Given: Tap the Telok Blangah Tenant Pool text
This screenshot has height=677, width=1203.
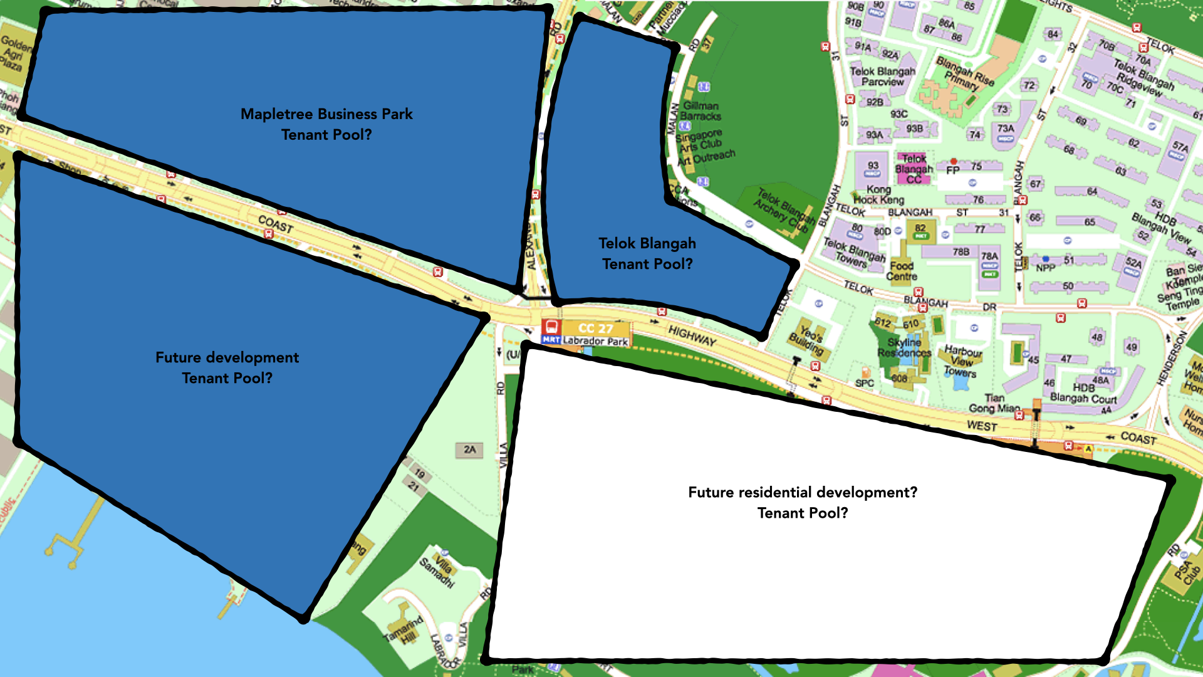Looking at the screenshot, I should [x=647, y=253].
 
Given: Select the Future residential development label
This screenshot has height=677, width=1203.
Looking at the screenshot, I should [x=802, y=502].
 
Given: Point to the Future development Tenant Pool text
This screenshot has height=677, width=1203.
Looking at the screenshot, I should [x=227, y=367].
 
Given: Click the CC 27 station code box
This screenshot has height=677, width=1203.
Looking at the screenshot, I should [x=595, y=328].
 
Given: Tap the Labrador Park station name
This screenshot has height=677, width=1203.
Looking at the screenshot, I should [x=595, y=342].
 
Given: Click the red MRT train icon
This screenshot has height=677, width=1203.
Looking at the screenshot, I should [x=551, y=327].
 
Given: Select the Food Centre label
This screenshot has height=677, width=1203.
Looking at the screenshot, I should [x=902, y=271].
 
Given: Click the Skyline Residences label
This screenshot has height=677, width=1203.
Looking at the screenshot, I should [x=904, y=347].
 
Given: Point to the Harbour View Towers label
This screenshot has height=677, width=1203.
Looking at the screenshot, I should [x=962, y=361].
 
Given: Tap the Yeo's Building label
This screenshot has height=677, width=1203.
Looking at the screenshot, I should [x=808, y=338].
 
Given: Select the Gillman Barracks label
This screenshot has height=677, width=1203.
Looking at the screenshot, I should [x=700, y=111].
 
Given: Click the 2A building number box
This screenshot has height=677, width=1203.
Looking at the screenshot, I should [x=469, y=449].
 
